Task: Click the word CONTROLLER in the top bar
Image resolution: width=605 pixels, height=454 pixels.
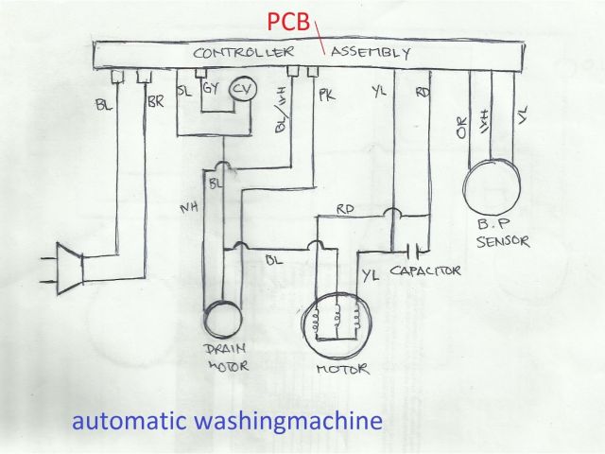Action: [x=241, y=54]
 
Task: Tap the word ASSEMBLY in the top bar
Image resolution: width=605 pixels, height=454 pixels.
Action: [x=370, y=54]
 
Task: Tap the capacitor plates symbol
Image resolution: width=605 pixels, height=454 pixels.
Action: [x=411, y=253]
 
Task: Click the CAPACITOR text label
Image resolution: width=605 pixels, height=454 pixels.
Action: [x=424, y=271]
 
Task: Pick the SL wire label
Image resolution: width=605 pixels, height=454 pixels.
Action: [x=185, y=93]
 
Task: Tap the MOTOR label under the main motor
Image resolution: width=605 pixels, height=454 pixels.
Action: [x=342, y=368]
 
